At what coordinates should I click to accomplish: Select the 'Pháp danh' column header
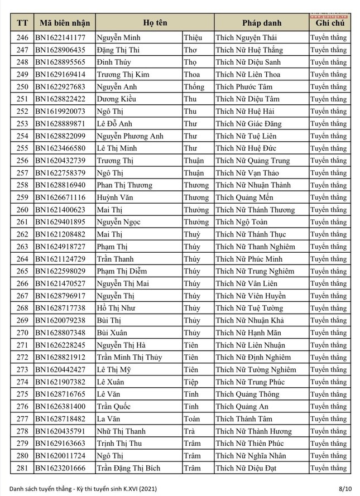[261, 23]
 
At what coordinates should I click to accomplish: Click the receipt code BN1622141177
[60, 38]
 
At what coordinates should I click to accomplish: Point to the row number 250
[22, 87]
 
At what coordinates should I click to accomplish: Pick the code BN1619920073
[60, 112]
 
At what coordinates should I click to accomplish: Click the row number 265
[22, 271]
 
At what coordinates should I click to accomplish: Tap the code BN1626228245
[60, 345]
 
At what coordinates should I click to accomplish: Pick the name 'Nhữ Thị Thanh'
[121, 431]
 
